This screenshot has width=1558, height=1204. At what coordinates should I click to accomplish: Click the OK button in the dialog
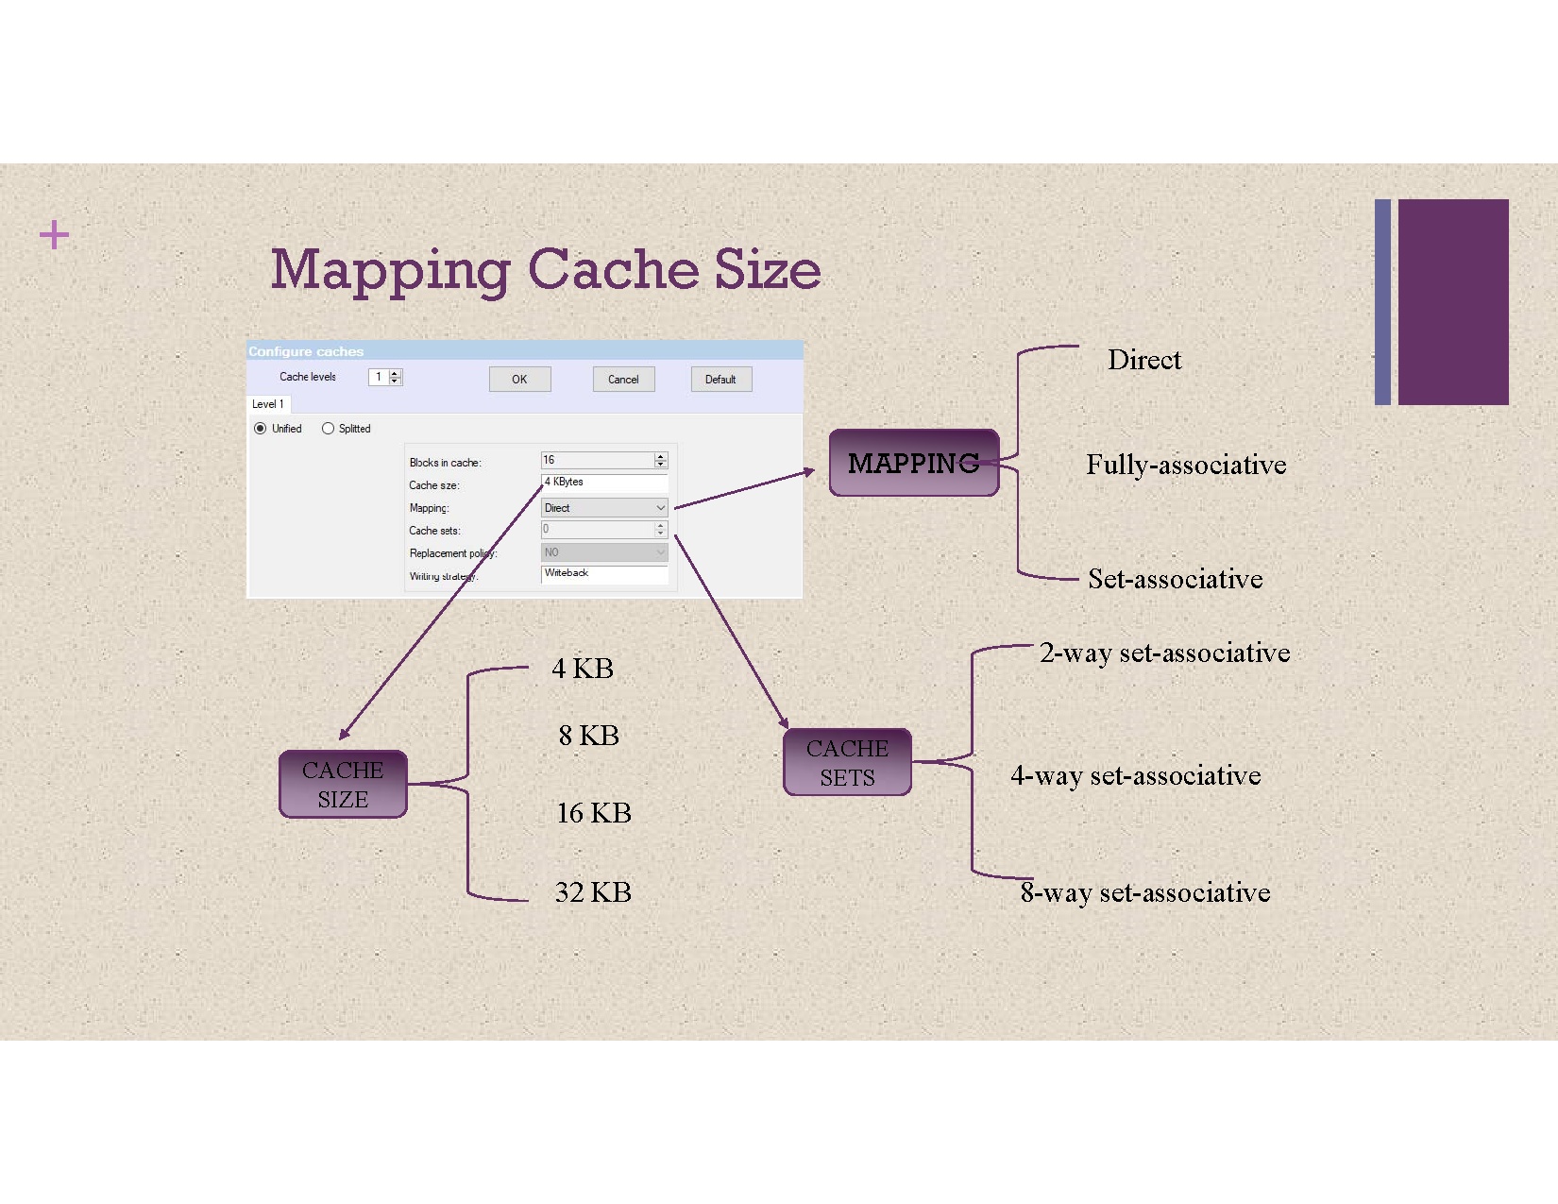coord(519,380)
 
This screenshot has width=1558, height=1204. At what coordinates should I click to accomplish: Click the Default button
coord(720,380)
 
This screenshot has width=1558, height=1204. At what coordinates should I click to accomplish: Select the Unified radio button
coord(261,429)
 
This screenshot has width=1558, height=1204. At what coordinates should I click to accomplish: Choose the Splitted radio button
coord(328,429)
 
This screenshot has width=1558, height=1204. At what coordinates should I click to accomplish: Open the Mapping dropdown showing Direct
coord(604,508)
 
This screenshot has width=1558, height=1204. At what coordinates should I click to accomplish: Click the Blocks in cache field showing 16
coord(597,460)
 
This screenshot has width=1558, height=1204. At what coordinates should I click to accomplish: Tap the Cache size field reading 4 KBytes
coord(604,483)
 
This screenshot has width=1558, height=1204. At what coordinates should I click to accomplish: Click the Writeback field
coord(604,573)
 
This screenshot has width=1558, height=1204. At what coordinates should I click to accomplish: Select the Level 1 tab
coord(268,404)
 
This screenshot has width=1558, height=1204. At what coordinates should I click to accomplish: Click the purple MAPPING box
coord(913,463)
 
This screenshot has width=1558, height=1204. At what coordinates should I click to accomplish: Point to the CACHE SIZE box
coord(343,784)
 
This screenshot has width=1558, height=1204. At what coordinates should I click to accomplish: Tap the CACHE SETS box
coord(847,762)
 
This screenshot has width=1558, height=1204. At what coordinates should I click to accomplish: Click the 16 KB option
coord(594,813)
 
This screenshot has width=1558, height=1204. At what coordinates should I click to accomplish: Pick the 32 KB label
coord(593,892)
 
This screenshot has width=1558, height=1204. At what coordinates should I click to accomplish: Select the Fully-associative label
coord(1186,465)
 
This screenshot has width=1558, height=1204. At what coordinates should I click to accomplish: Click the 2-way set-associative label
coord(1164,653)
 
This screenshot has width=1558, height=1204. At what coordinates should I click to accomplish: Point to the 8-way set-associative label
coord(1145,892)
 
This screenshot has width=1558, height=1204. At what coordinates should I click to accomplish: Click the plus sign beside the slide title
coord(55,234)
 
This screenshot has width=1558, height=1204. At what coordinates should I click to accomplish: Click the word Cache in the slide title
coord(614,270)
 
